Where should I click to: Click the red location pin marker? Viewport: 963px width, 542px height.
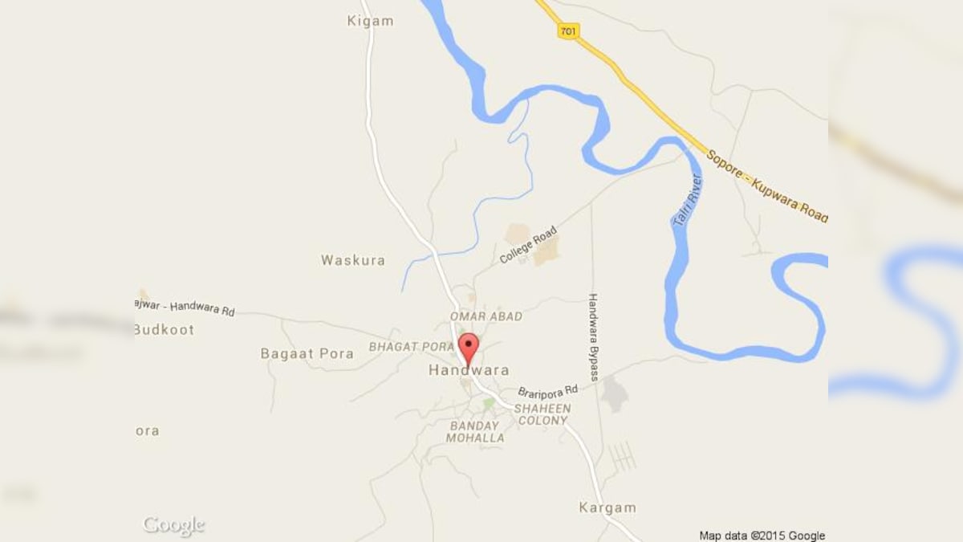(x=468, y=348)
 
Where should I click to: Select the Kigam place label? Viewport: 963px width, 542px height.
(x=371, y=21)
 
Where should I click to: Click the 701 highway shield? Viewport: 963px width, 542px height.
(x=569, y=31)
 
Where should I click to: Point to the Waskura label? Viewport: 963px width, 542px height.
(x=353, y=260)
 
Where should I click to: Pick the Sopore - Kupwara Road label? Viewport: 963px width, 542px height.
(x=767, y=183)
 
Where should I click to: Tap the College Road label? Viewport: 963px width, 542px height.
(x=527, y=246)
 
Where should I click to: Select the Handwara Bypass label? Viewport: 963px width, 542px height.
(x=594, y=336)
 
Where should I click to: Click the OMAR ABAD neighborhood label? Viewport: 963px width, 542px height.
(x=486, y=316)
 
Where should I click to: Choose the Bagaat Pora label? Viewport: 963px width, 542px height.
(x=307, y=353)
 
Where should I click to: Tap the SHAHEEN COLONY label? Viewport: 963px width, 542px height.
(x=542, y=414)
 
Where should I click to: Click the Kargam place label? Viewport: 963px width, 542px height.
(x=607, y=507)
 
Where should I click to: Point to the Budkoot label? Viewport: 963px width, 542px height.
(x=164, y=329)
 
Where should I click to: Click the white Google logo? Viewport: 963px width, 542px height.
(x=173, y=526)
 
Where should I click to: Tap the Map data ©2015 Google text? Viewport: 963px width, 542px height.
(x=762, y=536)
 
